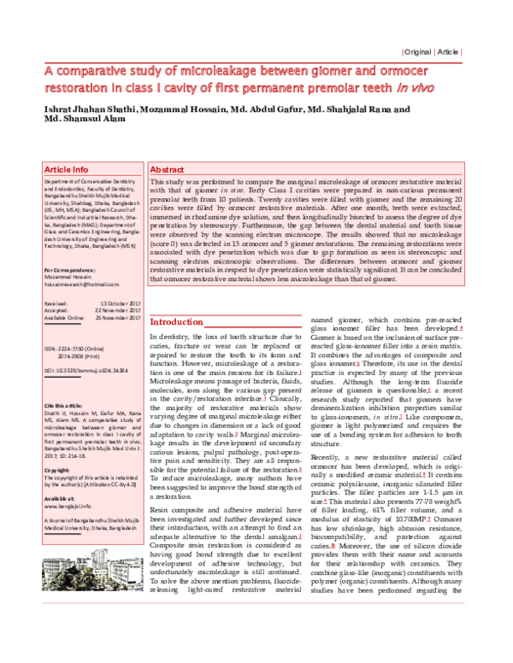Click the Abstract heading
pos(167,170)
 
